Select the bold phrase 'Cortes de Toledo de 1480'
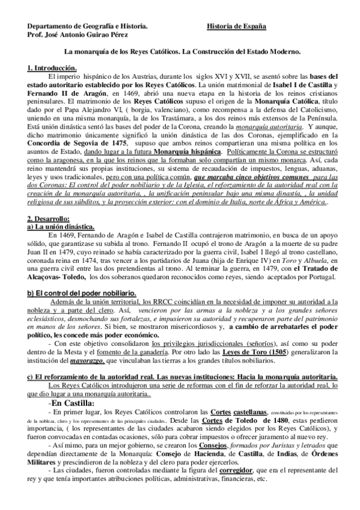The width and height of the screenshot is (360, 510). pyautogui.click(x=212, y=421)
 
